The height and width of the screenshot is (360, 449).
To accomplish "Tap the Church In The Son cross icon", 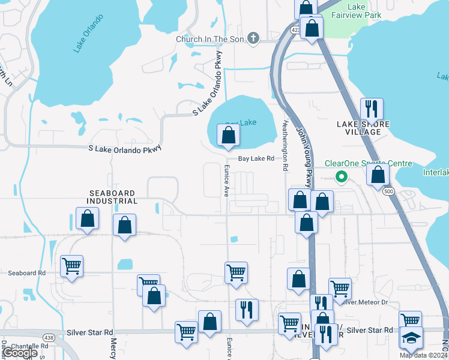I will point(253,39).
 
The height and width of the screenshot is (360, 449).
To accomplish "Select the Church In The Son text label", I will point(210,40).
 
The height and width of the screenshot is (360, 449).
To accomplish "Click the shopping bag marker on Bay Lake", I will point(228,136).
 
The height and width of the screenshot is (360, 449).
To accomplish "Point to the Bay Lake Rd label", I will point(256,159).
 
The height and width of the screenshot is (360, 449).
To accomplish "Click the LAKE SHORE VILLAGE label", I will point(363,128).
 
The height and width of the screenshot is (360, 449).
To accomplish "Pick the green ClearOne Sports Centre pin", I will point(341,176).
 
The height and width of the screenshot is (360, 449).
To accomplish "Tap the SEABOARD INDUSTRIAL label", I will point(113,197).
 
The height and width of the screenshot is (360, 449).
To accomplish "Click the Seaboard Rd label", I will point(27,272).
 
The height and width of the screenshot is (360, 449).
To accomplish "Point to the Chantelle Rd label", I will point(29,346).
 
